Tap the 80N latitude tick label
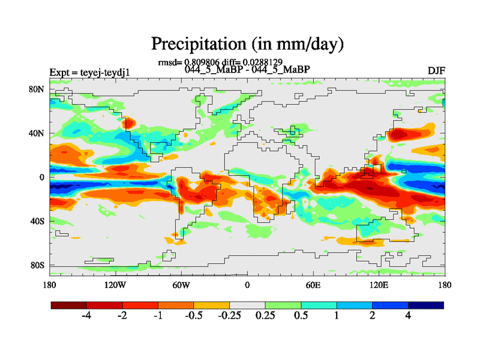[x=38, y=89]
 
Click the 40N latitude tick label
[x=38, y=133]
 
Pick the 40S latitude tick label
[x=38, y=221]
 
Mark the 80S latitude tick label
[x=38, y=265]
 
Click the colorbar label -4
[x=86, y=316]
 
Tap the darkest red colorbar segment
[x=69, y=305]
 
